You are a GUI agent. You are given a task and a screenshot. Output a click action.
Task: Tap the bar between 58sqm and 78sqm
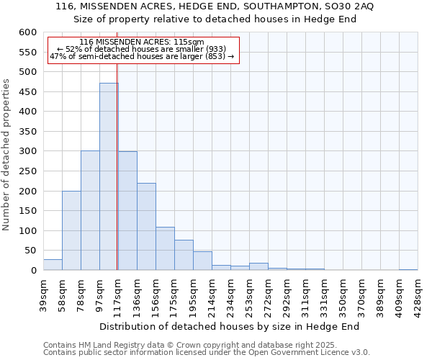pos(71,230)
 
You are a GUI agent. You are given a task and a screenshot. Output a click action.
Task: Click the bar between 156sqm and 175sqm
pos(165,248)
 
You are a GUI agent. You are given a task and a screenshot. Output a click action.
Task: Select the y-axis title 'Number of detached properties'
pos(6,155)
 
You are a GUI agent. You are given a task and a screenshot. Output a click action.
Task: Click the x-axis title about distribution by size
pos(229,326)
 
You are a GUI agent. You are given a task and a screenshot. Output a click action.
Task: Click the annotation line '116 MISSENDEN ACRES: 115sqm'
pos(142,42)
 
